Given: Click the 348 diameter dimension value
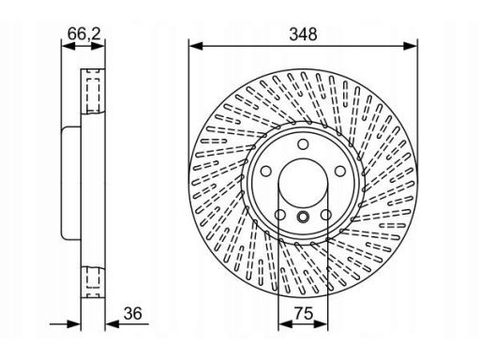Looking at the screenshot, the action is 303,35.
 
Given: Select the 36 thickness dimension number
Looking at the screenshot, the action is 132,313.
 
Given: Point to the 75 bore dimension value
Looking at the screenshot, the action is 303,313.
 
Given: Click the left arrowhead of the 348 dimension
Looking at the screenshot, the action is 196,46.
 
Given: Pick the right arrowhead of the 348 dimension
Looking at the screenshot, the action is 410,46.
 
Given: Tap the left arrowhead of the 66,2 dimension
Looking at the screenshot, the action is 68,47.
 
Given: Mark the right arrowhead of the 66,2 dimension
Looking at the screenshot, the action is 97,47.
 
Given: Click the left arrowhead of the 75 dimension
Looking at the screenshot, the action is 285,324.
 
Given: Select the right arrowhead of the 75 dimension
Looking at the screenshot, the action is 321,324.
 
